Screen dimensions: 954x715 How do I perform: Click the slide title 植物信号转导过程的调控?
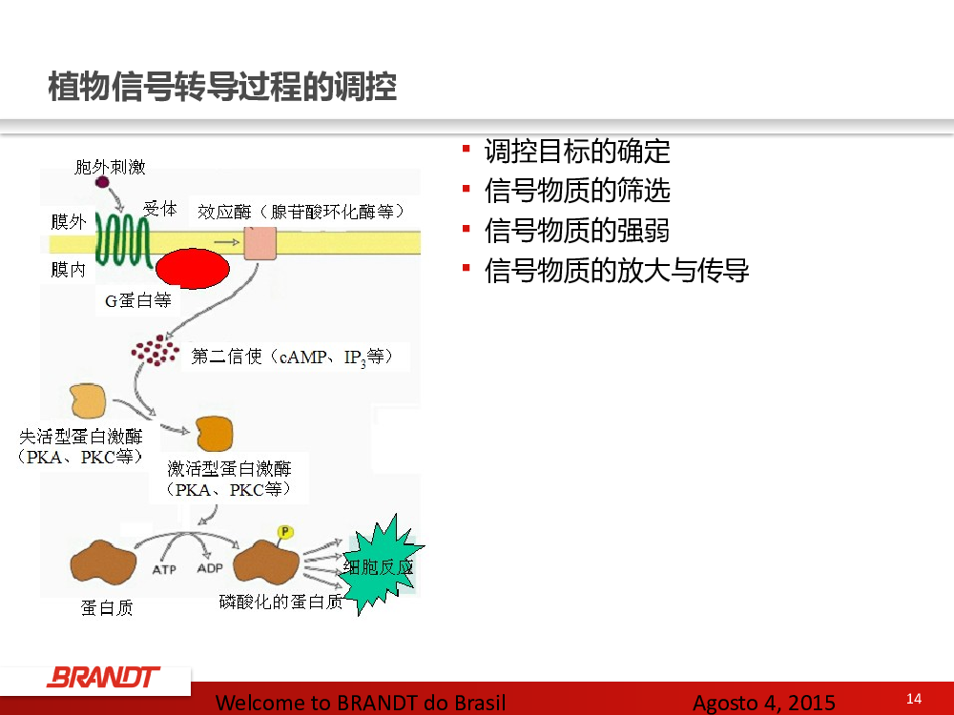(222, 87)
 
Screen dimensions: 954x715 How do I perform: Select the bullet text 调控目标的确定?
(577, 152)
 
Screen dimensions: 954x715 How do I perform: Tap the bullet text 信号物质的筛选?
(577, 191)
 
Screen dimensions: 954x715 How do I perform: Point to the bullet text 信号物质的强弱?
(577, 231)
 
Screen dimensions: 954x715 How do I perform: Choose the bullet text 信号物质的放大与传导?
(616, 271)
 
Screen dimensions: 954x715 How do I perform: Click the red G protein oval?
(193, 268)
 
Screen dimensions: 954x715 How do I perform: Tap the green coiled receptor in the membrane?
(123, 241)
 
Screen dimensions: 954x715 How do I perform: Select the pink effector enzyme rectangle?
(260, 243)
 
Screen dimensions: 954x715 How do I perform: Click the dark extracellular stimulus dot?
(102, 182)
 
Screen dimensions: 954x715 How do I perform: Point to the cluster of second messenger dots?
(156, 351)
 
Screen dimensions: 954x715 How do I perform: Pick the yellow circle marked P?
(284, 532)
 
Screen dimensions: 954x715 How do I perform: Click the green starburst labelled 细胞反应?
(381, 565)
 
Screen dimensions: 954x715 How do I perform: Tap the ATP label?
(164, 570)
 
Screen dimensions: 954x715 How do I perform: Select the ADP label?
(210, 568)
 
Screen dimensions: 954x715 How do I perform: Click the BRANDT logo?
(103, 677)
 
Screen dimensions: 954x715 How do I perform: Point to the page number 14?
(914, 699)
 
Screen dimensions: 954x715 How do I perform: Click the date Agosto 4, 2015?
(764, 703)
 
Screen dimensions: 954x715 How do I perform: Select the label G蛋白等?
(138, 300)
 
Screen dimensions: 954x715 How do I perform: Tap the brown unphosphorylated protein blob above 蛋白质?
(103, 562)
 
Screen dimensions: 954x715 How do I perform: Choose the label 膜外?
(68, 222)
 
